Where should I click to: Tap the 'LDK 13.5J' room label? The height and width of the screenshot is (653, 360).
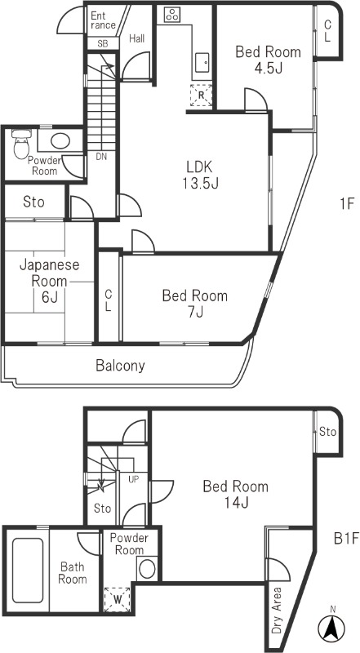(199, 173)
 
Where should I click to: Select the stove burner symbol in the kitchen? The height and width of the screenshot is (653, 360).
(172, 14)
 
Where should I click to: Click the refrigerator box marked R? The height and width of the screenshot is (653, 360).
(200, 96)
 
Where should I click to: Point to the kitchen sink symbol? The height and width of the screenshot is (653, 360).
(201, 60)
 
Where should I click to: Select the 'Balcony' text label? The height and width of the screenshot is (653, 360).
(120, 366)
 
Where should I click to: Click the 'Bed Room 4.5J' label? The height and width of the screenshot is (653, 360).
(268, 60)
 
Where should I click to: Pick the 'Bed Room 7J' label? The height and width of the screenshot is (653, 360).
(194, 304)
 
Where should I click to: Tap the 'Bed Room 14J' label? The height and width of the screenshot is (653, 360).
(235, 495)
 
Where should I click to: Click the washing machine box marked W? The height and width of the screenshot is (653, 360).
(117, 598)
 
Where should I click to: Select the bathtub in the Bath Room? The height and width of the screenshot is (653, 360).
(28, 570)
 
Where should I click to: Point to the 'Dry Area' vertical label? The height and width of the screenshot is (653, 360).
(278, 611)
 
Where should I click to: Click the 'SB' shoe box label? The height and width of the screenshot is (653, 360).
(103, 43)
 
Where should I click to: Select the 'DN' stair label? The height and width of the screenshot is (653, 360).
(101, 156)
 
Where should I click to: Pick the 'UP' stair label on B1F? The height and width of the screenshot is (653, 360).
(132, 479)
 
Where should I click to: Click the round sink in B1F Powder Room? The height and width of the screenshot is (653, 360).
(147, 568)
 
